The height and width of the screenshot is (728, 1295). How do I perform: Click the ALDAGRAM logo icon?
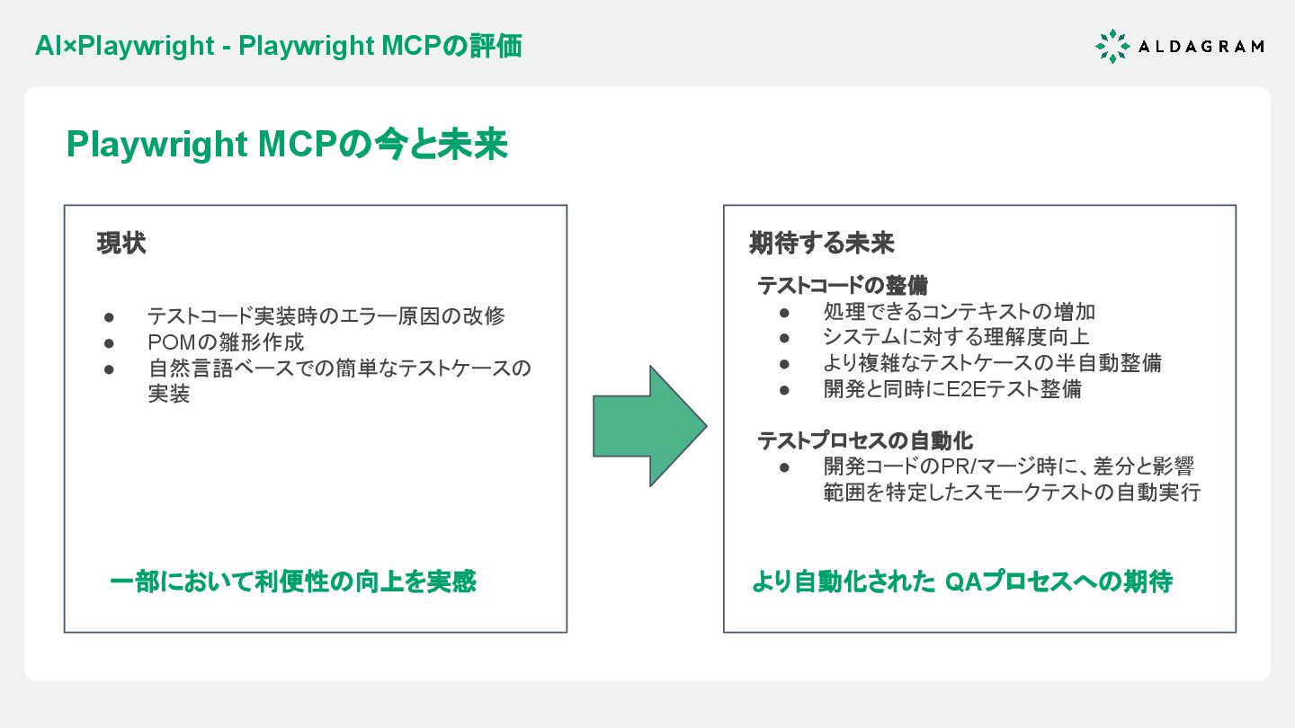coord(1112,46)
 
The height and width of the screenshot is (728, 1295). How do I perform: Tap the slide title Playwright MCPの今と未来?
coord(287,145)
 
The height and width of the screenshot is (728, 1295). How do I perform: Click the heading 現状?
coord(121,244)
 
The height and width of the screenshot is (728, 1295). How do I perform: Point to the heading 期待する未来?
coord(822,244)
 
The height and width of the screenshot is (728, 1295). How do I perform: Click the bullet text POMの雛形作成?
coord(226,342)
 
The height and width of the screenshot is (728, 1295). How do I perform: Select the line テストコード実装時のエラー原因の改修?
coord(326,316)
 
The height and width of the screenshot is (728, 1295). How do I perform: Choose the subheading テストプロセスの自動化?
coord(865,441)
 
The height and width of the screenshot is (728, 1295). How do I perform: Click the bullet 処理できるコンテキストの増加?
coord(959,312)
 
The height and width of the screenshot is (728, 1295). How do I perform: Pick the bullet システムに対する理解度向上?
coord(956,337)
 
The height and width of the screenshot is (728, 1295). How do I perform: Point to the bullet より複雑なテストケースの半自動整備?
coord(992,363)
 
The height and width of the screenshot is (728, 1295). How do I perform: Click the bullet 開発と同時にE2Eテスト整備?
coord(952,389)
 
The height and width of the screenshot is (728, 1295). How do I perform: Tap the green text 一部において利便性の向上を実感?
coord(293,582)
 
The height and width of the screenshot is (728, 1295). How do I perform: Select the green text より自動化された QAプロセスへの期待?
coord(961,582)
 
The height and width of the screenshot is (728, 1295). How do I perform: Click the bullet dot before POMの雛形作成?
coord(110,343)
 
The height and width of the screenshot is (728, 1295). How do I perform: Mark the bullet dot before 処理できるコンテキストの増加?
coord(784,313)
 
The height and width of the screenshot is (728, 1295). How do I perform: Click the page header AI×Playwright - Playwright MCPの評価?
coord(278,46)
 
